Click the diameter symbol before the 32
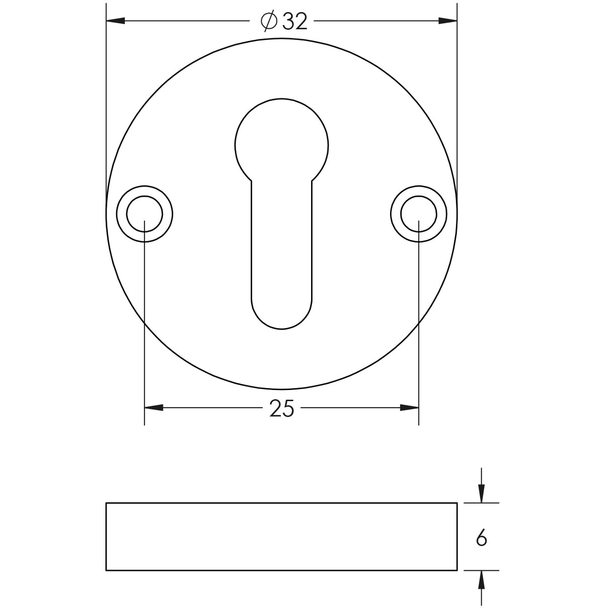tap(269, 21)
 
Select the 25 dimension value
tap(281, 409)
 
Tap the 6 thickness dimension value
tap(482, 539)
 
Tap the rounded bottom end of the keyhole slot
tap(282, 315)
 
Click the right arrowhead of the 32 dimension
tap(447, 21)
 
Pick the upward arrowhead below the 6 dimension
tap(482, 580)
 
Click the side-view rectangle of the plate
tap(281, 537)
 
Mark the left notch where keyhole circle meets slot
tap(251, 180)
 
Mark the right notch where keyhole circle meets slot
tap(313, 180)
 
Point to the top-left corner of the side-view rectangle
tap(106, 503)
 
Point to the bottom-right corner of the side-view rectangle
tap(457, 570)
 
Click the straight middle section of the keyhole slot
tap(282, 242)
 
